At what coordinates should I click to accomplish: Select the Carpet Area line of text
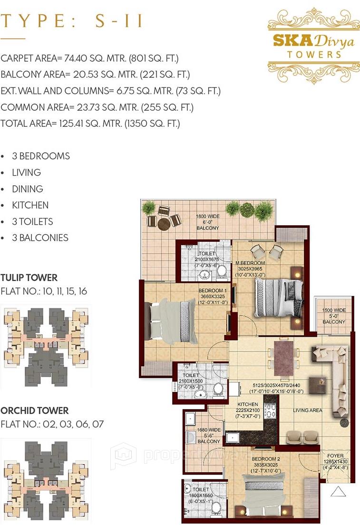click(x=89, y=58)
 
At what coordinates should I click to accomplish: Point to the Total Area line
click(x=90, y=124)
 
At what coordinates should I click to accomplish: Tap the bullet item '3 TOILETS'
click(x=32, y=221)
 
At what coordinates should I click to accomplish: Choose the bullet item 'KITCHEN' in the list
click(x=30, y=205)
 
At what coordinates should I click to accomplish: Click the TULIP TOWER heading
click(x=29, y=278)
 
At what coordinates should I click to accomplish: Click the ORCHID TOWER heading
click(x=34, y=410)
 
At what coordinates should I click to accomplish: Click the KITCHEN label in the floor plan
click(x=248, y=404)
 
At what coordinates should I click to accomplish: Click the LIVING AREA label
click(x=307, y=410)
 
